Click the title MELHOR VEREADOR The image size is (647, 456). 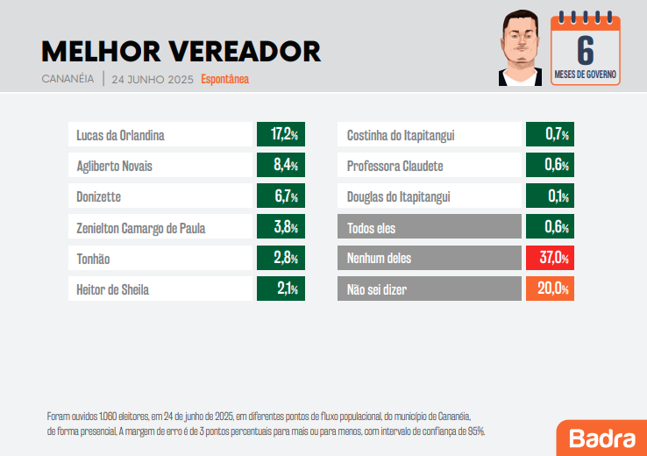[181, 51]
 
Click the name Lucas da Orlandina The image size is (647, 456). [120, 135]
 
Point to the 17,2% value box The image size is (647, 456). [281, 135]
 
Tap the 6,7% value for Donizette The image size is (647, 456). [281, 196]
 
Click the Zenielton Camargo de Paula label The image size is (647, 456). [141, 228]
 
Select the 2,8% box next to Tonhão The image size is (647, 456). [281, 259]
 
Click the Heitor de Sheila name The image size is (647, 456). [113, 289]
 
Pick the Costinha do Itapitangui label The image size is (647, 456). [401, 135]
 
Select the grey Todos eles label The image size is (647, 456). [372, 228]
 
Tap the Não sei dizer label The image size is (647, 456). [377, 289]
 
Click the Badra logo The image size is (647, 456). [601, 438]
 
